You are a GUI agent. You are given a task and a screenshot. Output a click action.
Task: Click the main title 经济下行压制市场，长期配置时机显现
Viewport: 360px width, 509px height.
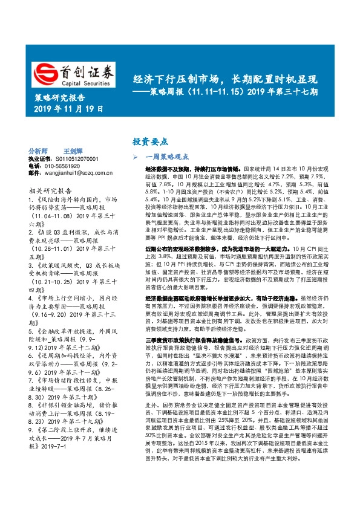point(225,79)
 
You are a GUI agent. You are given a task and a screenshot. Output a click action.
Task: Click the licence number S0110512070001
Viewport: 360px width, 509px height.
point(78,158)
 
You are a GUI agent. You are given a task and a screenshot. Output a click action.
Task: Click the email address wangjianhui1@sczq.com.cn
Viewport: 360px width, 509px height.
point(78,172)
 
